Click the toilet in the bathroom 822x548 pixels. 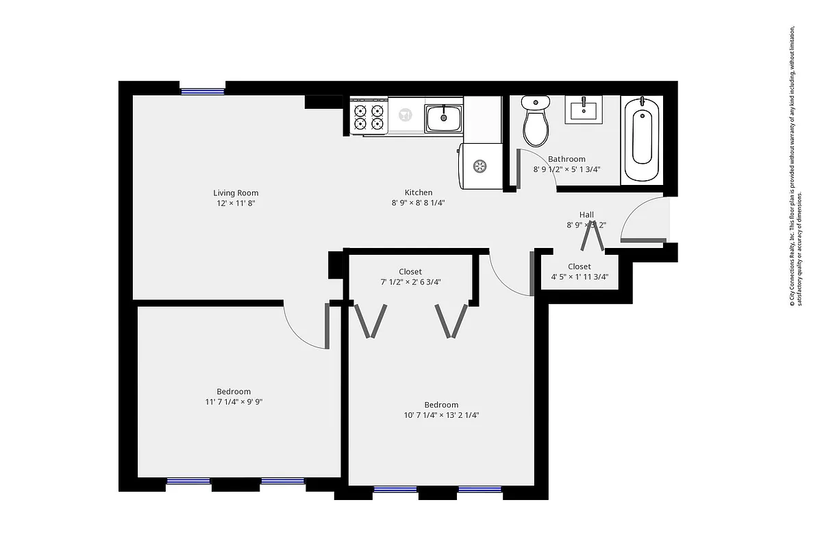tap(535, 121)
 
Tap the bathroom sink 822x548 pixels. tap(584, 110)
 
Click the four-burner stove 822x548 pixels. tap(368, 117)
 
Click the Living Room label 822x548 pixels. tap(236, 193)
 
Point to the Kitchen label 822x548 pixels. tap(418, 192)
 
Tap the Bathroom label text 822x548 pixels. tap(566, 159)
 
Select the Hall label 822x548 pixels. tap(586, 214)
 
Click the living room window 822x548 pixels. tap(202, 91)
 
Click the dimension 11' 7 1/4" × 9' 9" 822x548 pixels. tap(234, 402)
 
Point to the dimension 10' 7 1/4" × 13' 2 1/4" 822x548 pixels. tap(441, 415)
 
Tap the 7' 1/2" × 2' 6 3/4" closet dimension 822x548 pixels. tap(410, 282)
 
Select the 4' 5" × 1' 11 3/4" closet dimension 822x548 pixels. tap(580, 277)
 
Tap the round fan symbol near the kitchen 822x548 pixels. tap(480, 165)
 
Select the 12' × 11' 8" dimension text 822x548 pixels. tap(236, 203)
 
